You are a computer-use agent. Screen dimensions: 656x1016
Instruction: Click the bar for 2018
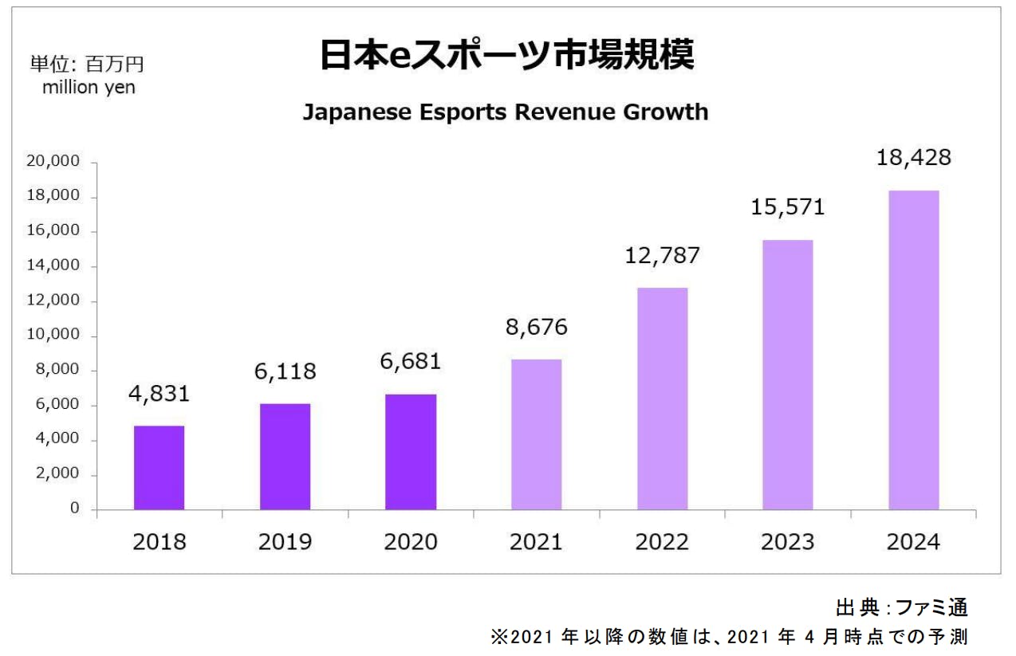159,468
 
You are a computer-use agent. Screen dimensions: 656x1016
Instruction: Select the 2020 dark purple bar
410,452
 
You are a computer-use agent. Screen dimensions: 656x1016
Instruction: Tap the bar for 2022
662,399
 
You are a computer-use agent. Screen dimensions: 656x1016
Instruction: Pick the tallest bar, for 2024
913,350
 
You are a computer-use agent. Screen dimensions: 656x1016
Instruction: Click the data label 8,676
536,327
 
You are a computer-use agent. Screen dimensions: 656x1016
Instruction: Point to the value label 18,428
913,157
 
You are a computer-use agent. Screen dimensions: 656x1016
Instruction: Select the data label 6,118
284,371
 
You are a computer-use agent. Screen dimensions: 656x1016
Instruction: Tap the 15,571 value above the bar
787,207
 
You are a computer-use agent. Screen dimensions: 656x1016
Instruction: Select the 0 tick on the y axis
74,509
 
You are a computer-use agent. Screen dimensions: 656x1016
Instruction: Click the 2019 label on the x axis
285,542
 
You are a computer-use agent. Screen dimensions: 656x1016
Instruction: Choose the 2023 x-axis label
787,542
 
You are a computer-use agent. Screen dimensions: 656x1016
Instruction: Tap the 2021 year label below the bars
536,542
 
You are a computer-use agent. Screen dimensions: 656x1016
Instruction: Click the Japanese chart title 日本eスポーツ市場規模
506,55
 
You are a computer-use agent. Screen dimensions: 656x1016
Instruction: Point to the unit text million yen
89,88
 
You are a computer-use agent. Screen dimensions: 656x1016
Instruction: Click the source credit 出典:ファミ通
901,608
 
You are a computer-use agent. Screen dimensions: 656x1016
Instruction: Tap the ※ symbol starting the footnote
499,638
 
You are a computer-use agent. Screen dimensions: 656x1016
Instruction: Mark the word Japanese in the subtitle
349,112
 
